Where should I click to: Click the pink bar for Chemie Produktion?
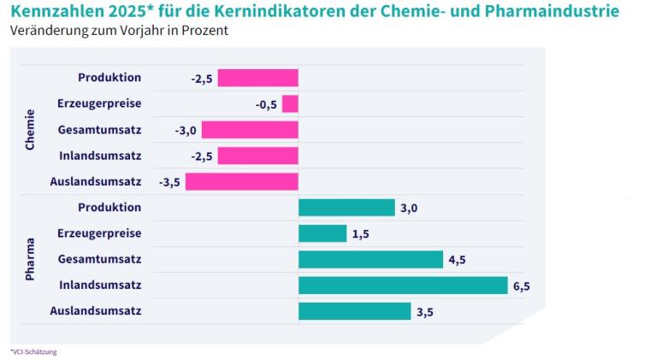257,79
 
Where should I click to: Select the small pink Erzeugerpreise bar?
290,104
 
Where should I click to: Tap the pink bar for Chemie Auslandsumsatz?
242,181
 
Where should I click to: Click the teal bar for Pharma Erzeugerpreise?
322,233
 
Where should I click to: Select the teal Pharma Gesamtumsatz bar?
370,259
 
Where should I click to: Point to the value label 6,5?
522,286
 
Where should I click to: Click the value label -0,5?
266,104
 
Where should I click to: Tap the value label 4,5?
458,260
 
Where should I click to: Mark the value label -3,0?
186,130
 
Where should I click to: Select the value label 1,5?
361,234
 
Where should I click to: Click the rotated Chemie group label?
30,130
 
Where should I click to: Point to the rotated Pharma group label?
30,259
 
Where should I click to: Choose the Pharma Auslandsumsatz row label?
96,310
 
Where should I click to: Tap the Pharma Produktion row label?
109,208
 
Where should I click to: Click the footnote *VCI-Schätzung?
33,351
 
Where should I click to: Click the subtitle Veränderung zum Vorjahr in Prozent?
119,31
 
